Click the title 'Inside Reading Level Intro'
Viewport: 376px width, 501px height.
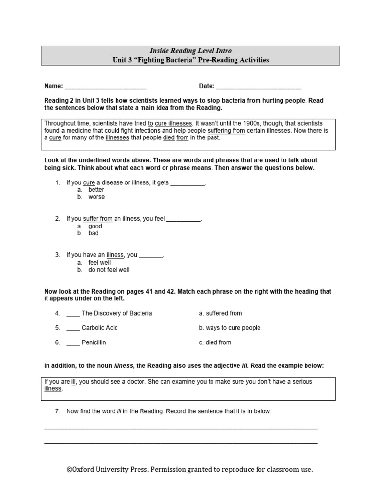click(190, 51)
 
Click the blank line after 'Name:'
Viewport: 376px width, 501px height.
click(105, 87)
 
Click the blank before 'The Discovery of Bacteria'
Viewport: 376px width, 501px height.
click(72, 314)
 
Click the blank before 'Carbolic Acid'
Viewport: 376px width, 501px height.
click(72, 328)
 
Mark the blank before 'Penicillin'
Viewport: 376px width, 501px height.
click(72, 343)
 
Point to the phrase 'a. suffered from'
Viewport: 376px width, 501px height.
click(220, 313)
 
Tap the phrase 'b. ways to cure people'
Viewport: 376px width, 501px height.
click(230, 328)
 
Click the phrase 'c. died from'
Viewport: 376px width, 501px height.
click(215, 342)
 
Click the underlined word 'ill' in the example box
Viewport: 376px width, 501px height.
click(73, 381)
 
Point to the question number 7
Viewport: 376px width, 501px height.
click(57, 411)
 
